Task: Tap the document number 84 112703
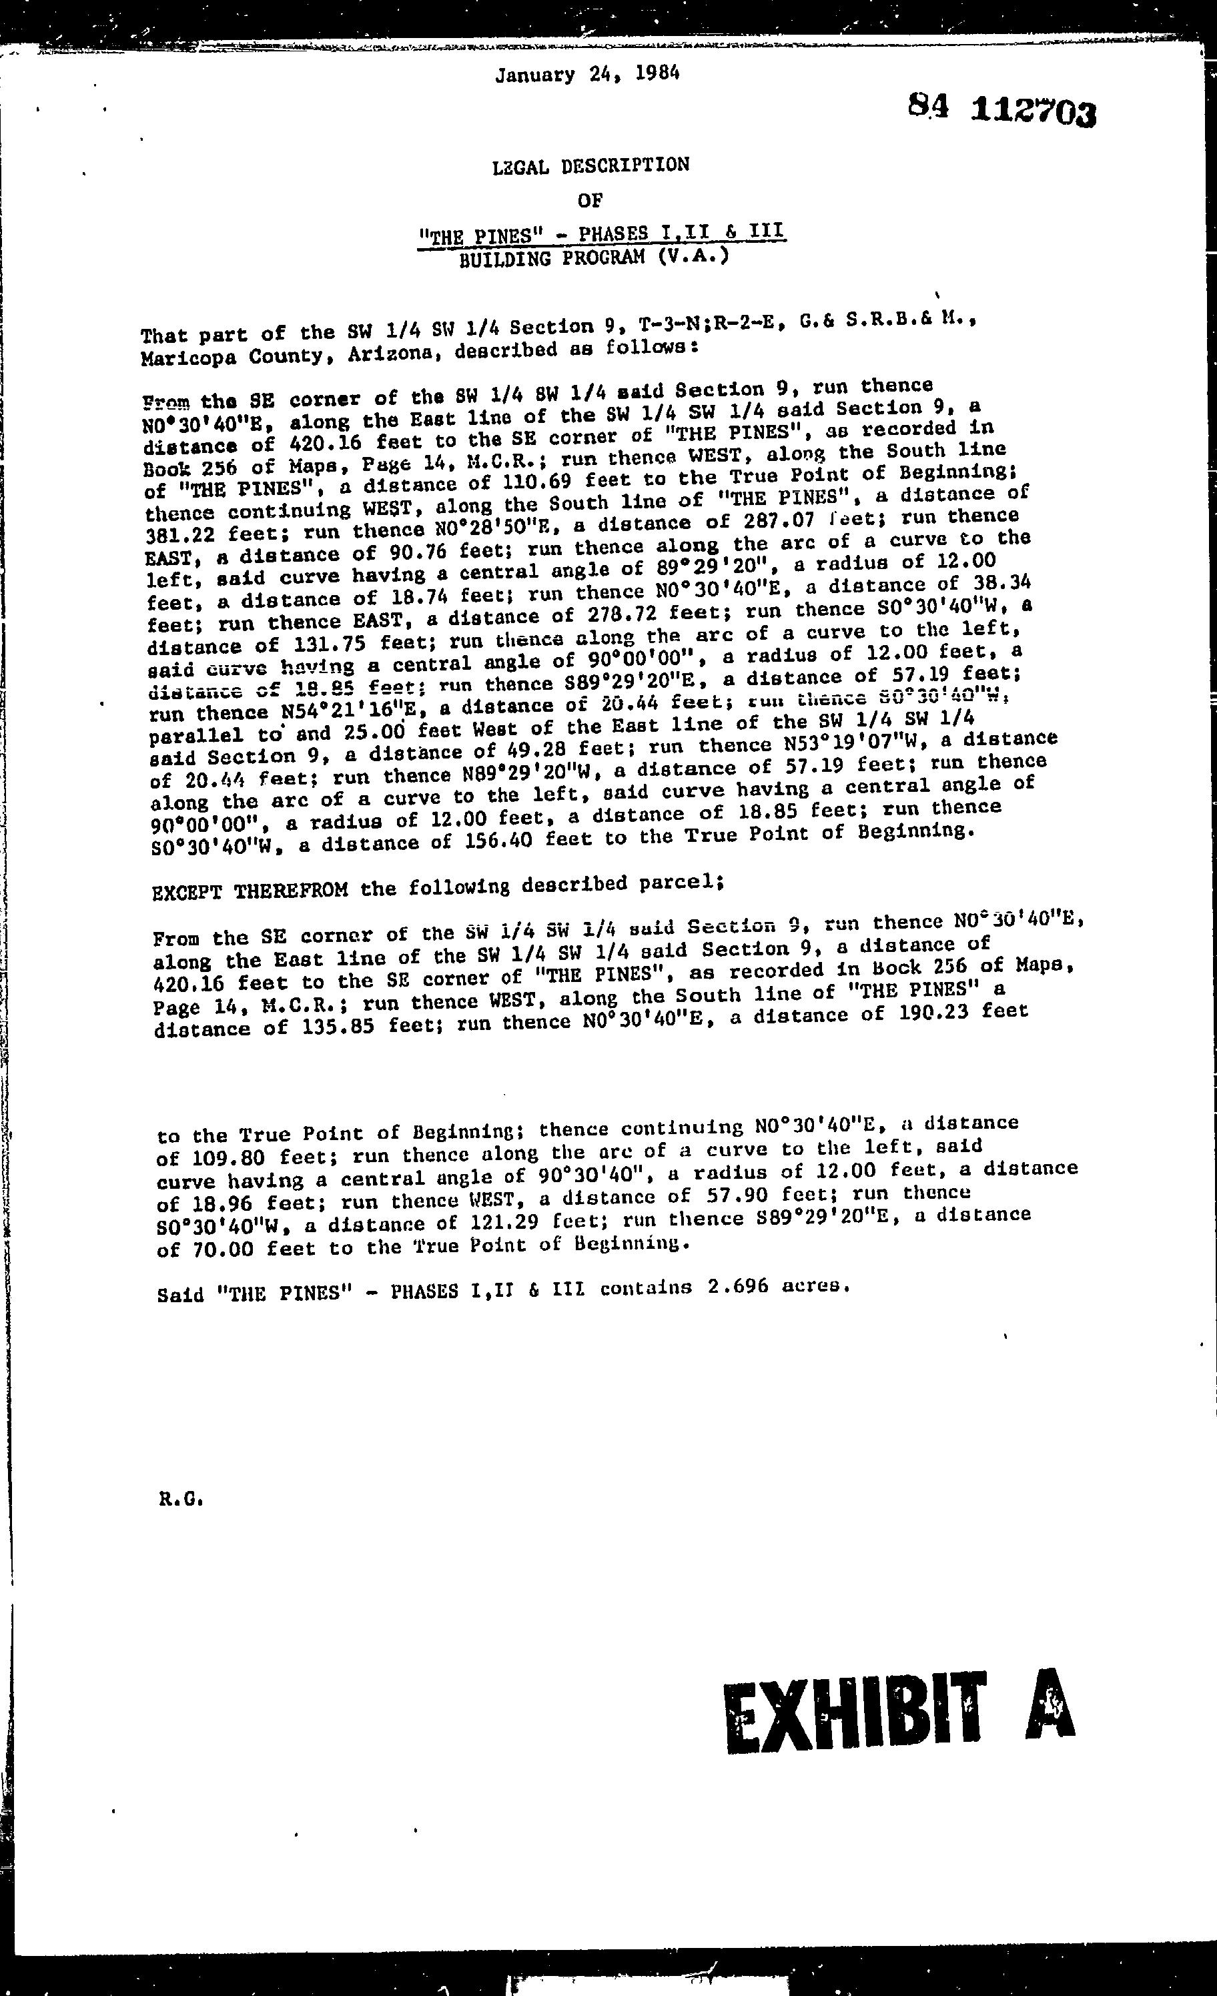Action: [1002, 109]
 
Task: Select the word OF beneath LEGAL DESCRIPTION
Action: [590, 199]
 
